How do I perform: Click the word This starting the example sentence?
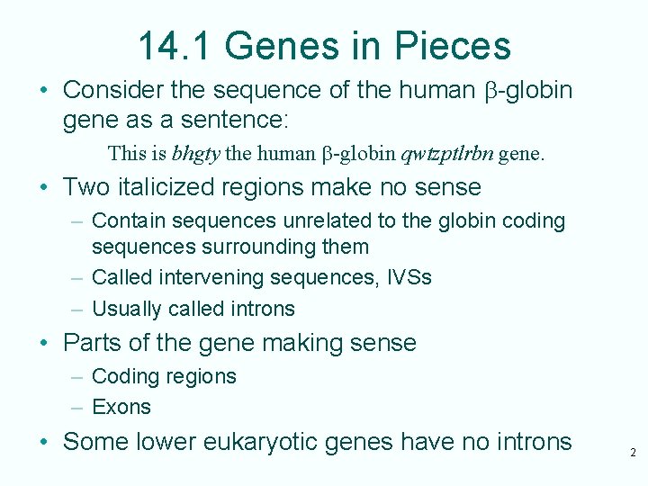[125, 153]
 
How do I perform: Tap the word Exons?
[121, 407]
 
